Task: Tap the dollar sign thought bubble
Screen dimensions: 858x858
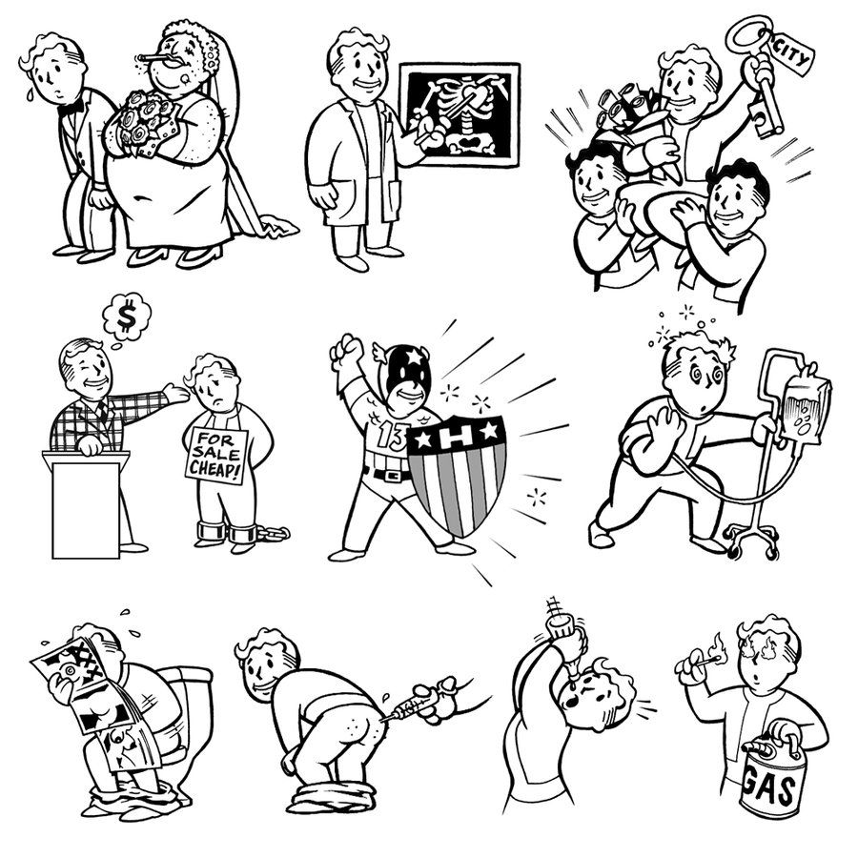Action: pyautogui.click(x=127, y=317)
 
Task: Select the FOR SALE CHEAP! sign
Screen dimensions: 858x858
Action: pyautogui.click(x=215, y=456)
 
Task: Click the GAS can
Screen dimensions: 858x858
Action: pyautogui.click(x=771, y=775)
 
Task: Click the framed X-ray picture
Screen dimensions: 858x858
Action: pyautogui.click(x=459, y=114)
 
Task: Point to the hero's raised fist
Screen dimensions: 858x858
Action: pyautogui.click(x=345, y=350)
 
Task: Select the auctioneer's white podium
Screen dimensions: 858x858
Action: pyautogui.click(x=86, y=503)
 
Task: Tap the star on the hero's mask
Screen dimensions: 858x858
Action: pyautogui.click(x=415, y=357)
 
